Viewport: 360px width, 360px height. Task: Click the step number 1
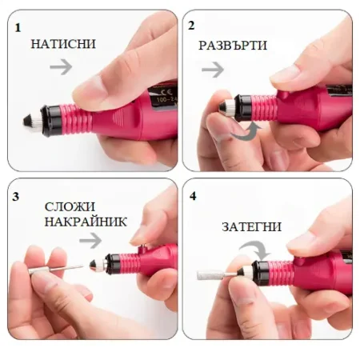click(x=18, y=26)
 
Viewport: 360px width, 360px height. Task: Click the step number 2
click(x=192, y=26)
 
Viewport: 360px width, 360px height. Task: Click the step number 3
click(x=17, y=196)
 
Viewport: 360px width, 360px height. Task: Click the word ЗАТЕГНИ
click(x=249, y=226)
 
